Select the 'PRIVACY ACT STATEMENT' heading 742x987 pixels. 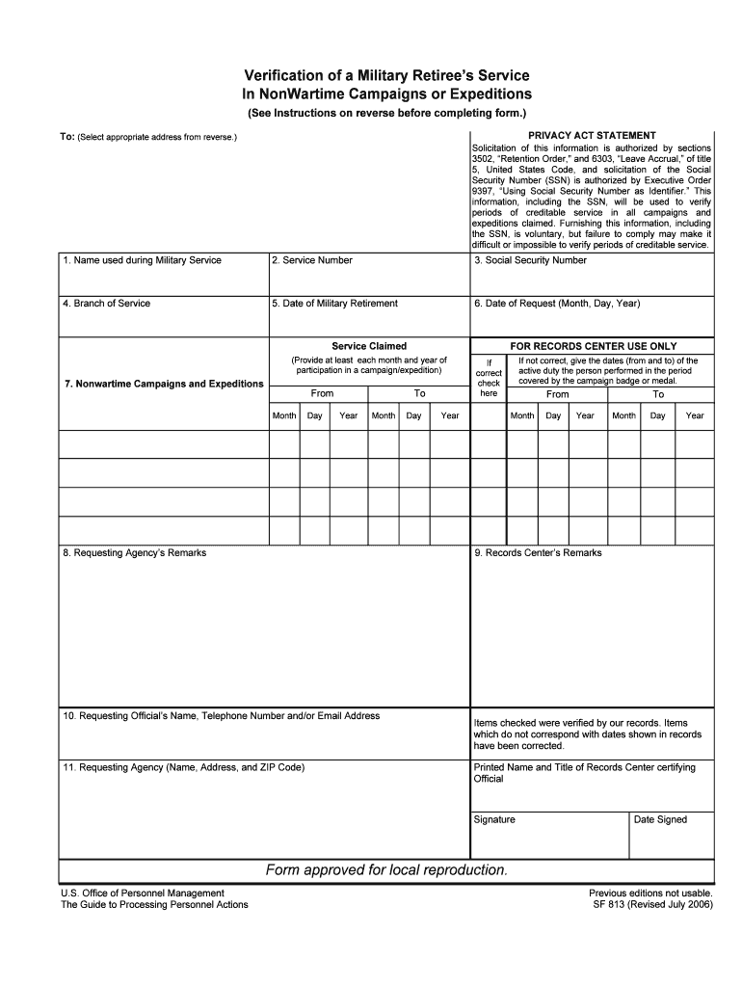pos(592,135)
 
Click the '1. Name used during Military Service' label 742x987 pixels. pos(142,260)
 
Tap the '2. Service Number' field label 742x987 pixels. pos(311,260)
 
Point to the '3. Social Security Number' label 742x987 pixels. pos(530,260)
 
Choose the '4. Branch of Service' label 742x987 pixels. pos(106,304)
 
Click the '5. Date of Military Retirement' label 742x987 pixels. pos(333,304)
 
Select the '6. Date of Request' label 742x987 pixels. pos(557,304)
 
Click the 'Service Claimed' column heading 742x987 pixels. pos(369,346)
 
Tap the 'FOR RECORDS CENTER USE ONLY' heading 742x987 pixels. pos(593,346)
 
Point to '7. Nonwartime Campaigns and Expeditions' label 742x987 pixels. pos(164,384)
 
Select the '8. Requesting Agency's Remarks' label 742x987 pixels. pos(134,553)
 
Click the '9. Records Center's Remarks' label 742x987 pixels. pos(538,553)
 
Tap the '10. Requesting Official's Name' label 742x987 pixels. pos(221,716)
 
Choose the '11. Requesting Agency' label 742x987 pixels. pos(182,768)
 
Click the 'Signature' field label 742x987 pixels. pos(494,820)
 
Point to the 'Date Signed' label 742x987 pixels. pos(660,820)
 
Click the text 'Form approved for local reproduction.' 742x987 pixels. pos(386,870)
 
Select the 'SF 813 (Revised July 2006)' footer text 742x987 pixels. pos(651,905)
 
